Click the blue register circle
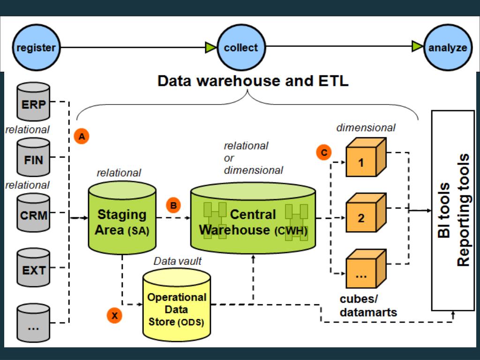[x=36, y=47]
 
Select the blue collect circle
[x=241, y=47]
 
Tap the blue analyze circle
[x=448, y=47]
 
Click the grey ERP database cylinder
[x=33, y=102]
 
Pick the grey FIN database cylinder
[x=33, y=157]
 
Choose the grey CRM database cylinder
[x=33, y=212]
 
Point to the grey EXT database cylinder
[x=33, y=268]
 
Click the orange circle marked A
[x=82, y=136]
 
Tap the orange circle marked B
[x=173, y=205]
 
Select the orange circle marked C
[x=324, y=152]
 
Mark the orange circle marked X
[x=114, y=315]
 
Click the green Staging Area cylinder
[x=122, y=218]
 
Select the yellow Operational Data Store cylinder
[x=177, y=305]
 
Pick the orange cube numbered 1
[x=366, y=157]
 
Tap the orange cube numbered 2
[x=366, y=213]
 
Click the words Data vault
[x=178, y=261]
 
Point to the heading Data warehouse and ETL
[x=253, y=81]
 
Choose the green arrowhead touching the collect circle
[x=211, y=47]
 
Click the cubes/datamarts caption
[x=368, y=306]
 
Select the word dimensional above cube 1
[x=366, y=127]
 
